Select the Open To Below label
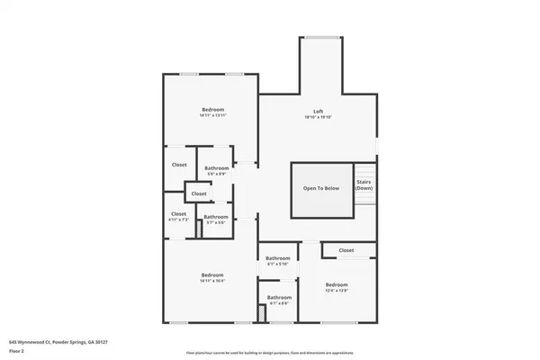[x=320, y=188]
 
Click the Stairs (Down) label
[x=364, y=184]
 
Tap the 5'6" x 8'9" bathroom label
[x=216, y=171]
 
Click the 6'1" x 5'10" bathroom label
[x=278, y=261]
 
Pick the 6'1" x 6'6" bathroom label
[x=279, y=300]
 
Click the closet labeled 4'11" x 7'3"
[x=178, y=216]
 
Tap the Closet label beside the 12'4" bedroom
[x=346, y=250]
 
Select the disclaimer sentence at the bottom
[x=270, y=352]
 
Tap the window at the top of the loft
[x=321, y=37]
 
